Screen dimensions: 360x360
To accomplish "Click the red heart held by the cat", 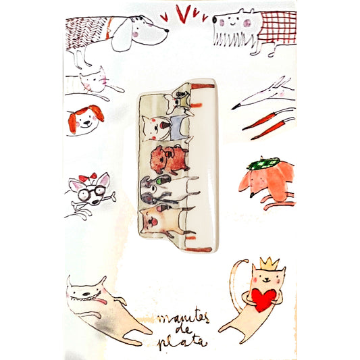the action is point(263,300).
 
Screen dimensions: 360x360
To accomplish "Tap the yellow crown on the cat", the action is point(269,263).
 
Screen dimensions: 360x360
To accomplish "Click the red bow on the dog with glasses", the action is point(88,178).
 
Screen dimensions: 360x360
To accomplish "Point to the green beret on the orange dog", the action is point(264,163).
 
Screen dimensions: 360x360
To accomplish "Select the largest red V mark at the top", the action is point(183,14).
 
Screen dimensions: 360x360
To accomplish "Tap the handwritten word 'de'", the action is point(184,330).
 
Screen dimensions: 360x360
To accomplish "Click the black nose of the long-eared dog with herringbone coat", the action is point(166,30).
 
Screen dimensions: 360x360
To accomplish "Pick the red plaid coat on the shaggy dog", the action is point(278,26).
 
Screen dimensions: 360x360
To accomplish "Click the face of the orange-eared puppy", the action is point(86,120).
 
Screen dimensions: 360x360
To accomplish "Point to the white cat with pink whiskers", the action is point(94,82).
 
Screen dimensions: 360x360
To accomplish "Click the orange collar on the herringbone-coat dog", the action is point(109,28).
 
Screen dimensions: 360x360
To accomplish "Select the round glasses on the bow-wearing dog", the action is point(91,193).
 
